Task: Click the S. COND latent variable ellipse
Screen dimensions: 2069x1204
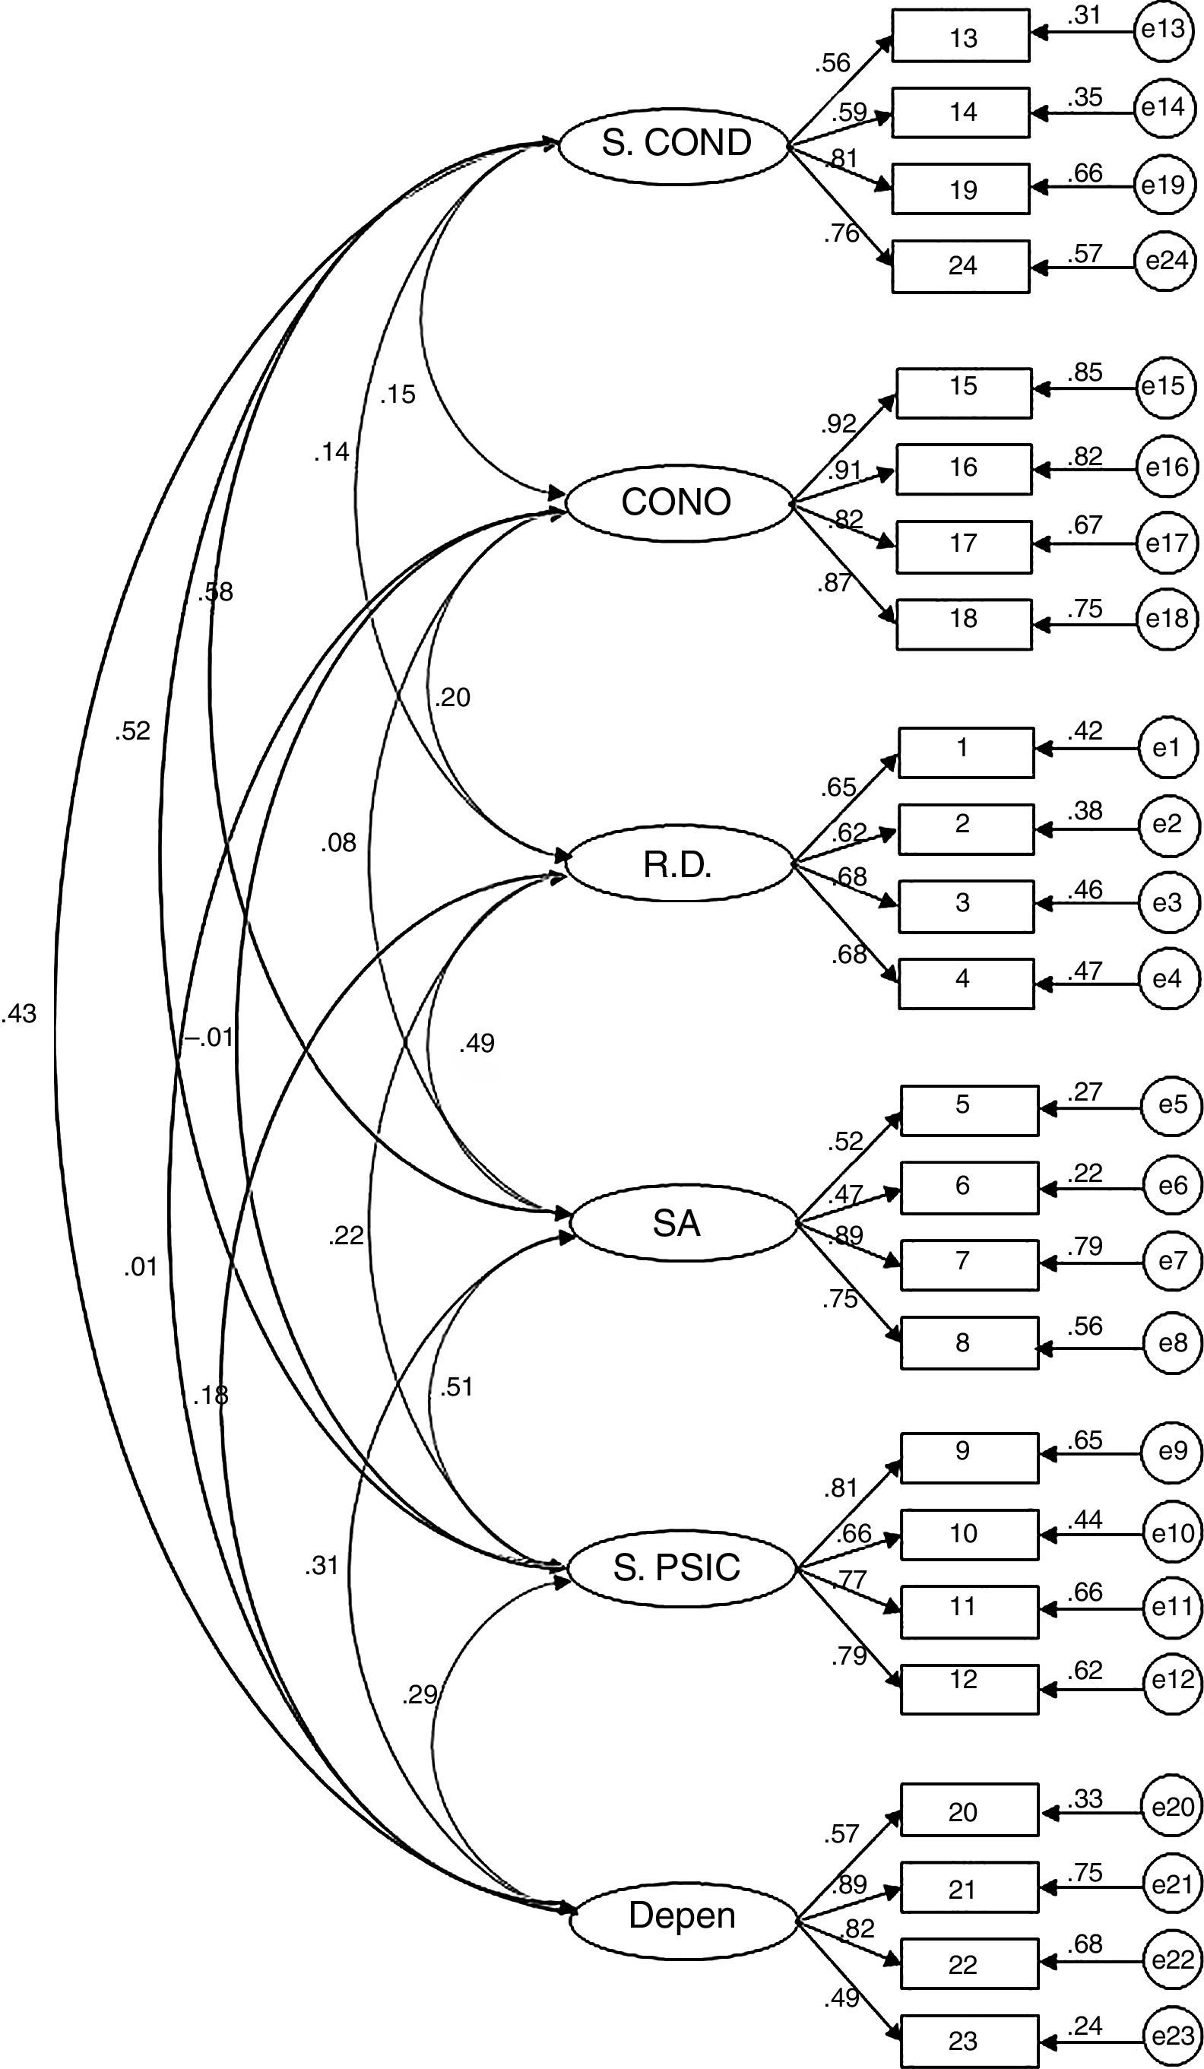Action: point(675,144)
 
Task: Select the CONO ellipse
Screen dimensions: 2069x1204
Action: point(676,502)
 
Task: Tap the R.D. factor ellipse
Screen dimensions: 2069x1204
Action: point(678,864)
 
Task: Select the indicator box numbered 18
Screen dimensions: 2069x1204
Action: point(963,624)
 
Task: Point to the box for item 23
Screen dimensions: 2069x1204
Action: point(968,2039)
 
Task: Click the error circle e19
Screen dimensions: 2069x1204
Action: point(1163,185)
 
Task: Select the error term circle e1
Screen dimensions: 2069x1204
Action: point(1165,748)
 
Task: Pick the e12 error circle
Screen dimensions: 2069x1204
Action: point(1172,1681)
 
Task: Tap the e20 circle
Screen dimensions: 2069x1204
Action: point(1172,1807)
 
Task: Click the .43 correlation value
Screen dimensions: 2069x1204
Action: point(20,1015)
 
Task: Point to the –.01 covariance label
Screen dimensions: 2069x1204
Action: point(211,1038)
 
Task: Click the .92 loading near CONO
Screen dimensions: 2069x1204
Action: point(837,424)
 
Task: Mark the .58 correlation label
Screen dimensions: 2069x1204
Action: point(215,592)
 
